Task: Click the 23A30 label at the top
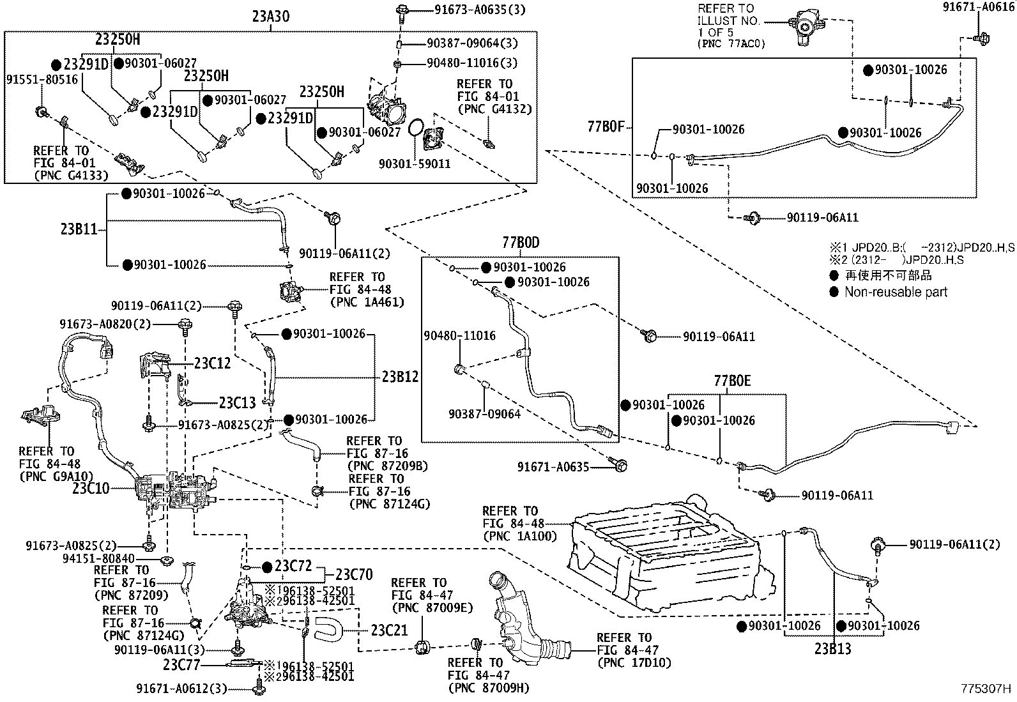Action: click(x=271, y=17)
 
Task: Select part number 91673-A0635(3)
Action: click(x=480, y=10)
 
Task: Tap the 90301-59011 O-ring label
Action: click(x=415, y=164)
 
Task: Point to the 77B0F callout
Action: click(x=606, y=126)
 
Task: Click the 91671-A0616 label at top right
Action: click(x=979, y=7)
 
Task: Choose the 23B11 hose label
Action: click(x=79, y=229)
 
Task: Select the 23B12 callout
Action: click(x=400, y=376)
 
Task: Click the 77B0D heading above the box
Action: click(x=521, y=243)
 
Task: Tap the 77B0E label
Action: click(x=732, y=381)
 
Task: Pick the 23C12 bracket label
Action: click(x=213, y=363)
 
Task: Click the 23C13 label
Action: click(x=238, y=402)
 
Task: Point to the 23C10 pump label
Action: click(x=91, y=489)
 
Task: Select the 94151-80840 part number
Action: click(x=98, y=558)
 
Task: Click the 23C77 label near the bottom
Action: click(x=181, y=665)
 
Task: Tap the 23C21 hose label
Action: click(x=389, y=630)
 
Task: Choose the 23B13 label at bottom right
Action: click(x=832, y=649)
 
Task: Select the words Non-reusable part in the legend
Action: click(x=896, y=292)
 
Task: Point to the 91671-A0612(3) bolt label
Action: click(x=181, y=689)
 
